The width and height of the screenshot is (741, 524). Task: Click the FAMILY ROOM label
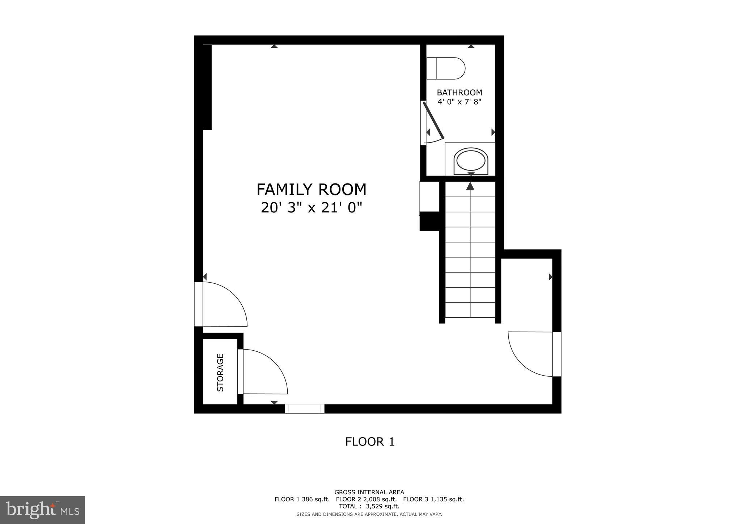coord(311,190)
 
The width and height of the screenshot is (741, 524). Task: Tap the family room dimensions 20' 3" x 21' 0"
coord(311,208)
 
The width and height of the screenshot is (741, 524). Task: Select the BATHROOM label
coord(459,92)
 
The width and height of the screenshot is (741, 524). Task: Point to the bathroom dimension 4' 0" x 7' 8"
coord(459,102)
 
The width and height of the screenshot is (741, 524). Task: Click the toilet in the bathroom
coord(446,68)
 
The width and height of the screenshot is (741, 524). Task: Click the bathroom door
coord(433,121)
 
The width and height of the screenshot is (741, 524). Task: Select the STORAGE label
coord(220,372)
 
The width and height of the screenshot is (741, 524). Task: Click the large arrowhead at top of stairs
coord(470,186)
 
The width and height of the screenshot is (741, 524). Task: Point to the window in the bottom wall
coord(304,409)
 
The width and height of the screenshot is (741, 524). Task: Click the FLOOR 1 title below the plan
coord(369,441)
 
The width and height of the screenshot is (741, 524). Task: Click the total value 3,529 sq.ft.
coord(383,506)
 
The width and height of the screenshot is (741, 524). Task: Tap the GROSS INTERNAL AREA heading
coord(369,492)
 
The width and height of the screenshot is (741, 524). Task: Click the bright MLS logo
coord(42,510)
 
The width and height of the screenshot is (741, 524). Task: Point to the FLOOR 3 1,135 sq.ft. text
coord(433,499)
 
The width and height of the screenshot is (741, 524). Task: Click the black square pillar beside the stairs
coord(429,221)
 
